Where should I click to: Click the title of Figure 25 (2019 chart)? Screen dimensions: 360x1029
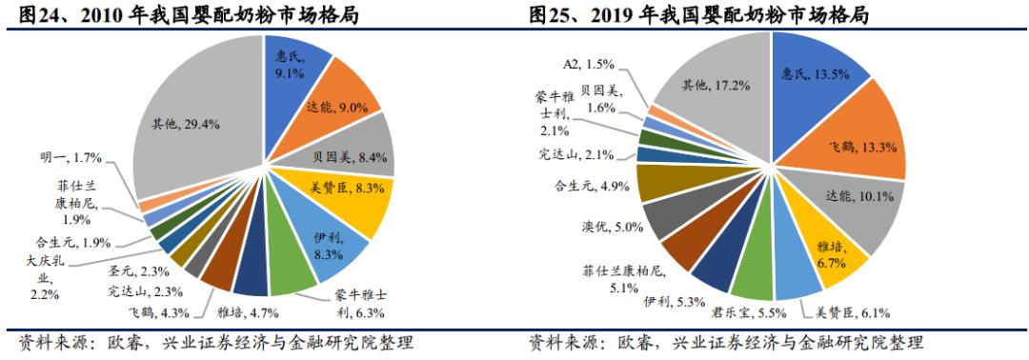point(705,13)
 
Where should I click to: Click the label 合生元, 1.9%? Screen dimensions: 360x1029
point(66,242)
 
